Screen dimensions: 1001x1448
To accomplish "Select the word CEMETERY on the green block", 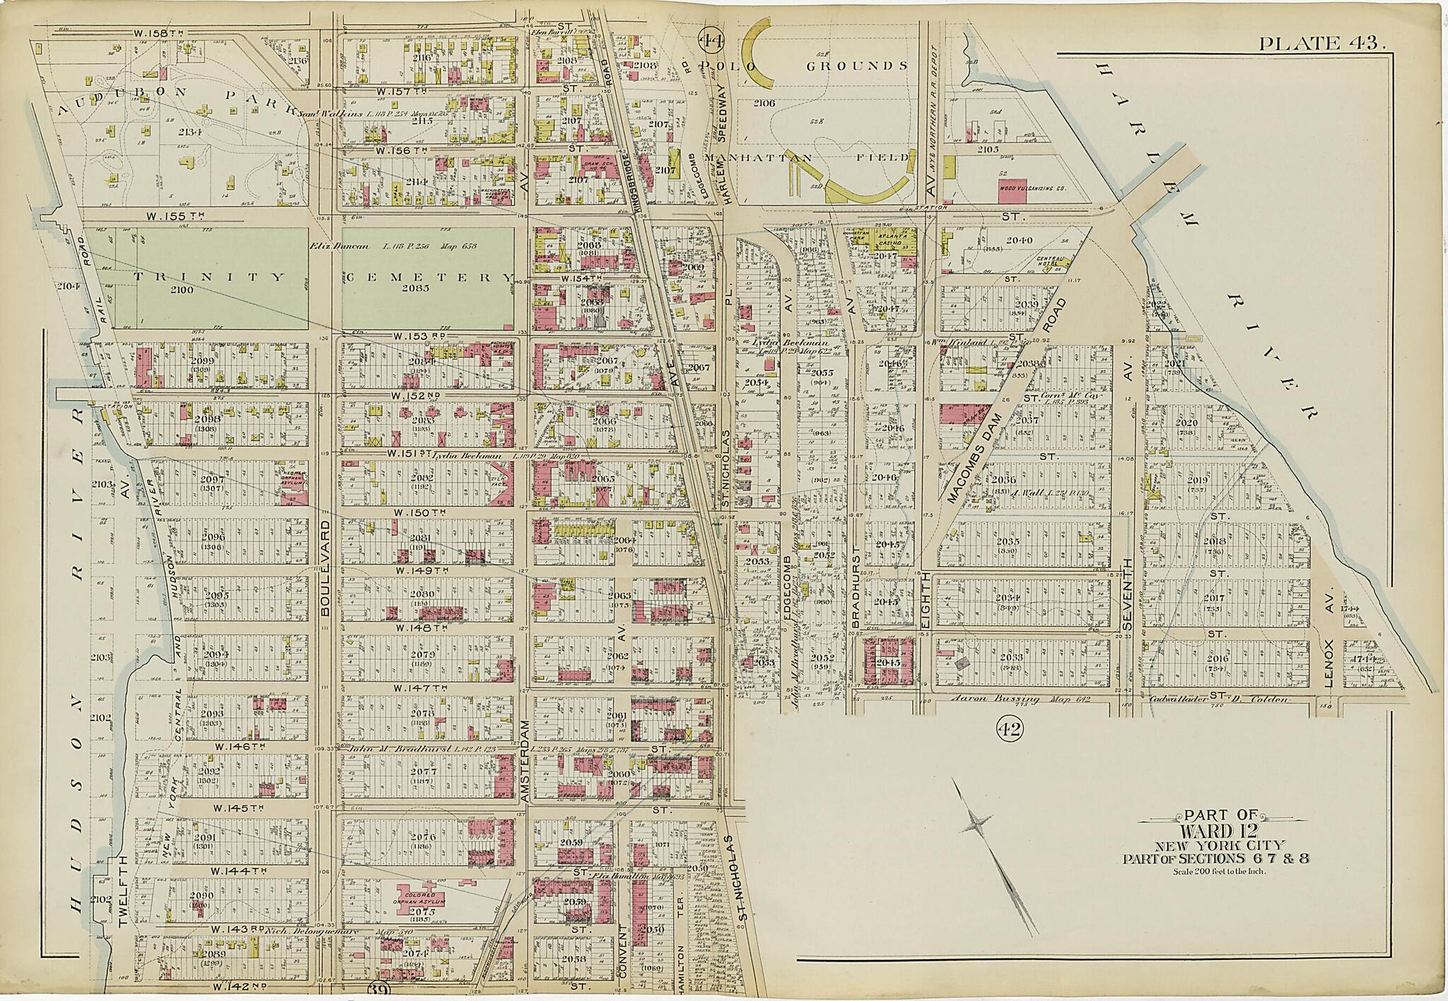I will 428,277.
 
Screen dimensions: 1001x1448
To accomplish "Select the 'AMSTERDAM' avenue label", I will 525,761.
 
